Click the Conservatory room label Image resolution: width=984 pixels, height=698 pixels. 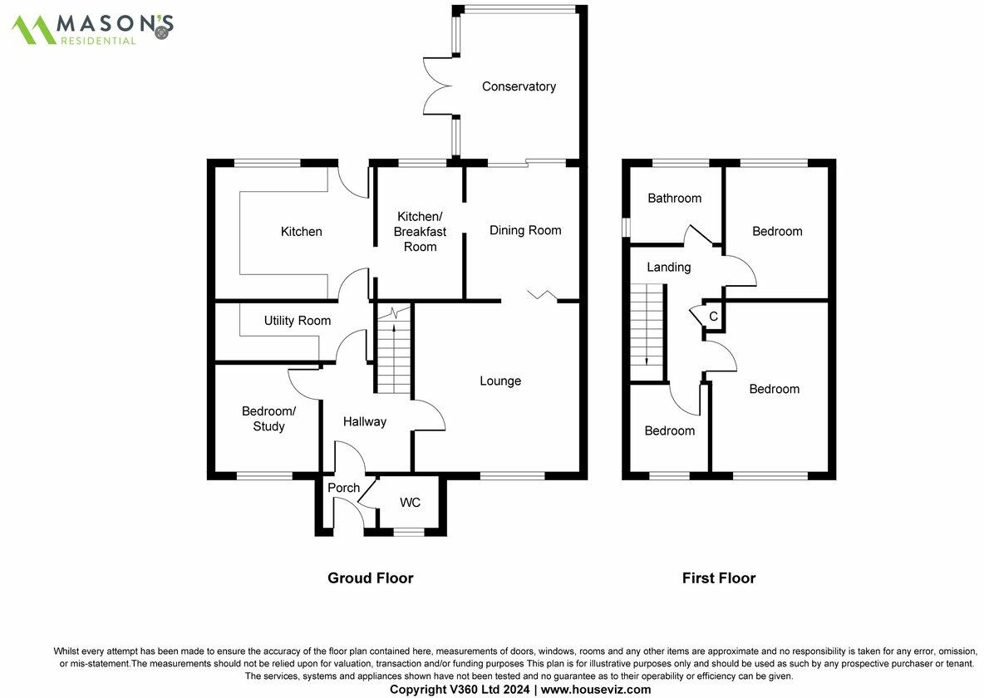tap(519, 86)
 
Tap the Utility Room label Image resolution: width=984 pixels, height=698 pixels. tap(297, 321)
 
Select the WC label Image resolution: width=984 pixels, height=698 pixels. tap(410, 503)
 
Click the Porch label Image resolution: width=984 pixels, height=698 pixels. tap(343, 488)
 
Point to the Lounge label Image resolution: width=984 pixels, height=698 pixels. tap(500, 381)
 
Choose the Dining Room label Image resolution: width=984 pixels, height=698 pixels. tap(525, 230)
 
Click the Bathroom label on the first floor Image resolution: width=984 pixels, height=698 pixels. tap(674, 199)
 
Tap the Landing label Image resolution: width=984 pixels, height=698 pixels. tap(668, 268)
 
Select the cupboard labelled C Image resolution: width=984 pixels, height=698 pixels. tap(713, 317)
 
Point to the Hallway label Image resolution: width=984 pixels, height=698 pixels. tap(365, 422)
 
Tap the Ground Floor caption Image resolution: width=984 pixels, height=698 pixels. tap(370, 578)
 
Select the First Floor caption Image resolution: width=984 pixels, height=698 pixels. tap(719, 578)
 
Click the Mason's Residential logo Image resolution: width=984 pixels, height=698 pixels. tap(91, 29)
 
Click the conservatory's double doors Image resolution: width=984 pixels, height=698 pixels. tap(438, 86)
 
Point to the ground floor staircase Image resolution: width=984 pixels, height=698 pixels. tap(393, 350)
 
